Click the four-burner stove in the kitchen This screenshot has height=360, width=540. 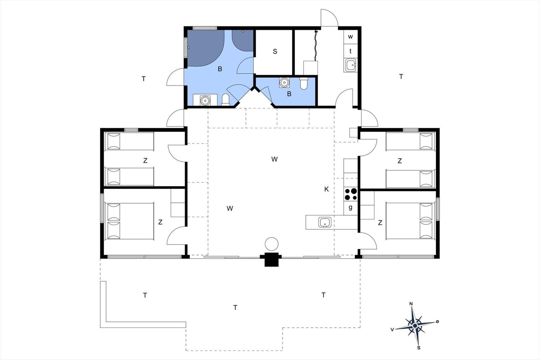click(x=351, y=194)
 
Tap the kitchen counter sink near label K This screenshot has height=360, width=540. click(x=325, y=222)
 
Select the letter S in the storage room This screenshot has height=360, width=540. click(x=275, y=51)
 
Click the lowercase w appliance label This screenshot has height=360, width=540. click(x=351, y=37)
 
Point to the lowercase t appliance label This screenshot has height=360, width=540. click(x=351, y=51)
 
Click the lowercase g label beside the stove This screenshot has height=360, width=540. click(x=351, y=207)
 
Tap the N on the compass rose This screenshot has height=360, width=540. click(x=411, y=304)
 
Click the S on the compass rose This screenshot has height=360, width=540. click(x=419, y=348)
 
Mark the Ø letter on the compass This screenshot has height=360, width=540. click(x=437, y=321)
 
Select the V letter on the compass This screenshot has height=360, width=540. click(x=392, y=330)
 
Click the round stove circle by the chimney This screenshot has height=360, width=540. click(x=271, y=244)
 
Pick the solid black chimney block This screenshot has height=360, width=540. click(x=271, y=259)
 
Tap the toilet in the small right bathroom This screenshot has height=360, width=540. click(x=304, y=83)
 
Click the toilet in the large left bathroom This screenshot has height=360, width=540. click(x=225, y=100)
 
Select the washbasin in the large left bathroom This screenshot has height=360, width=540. click(x=205, y=100)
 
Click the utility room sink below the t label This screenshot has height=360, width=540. click(x=351, y=65)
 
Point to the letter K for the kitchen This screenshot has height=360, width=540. click(x=326, y=189)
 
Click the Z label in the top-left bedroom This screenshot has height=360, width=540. click(x=145, y=161)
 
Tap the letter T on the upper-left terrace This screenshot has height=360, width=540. click(x=144, y=79)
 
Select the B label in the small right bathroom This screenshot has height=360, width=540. click(x=289, y=94)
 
